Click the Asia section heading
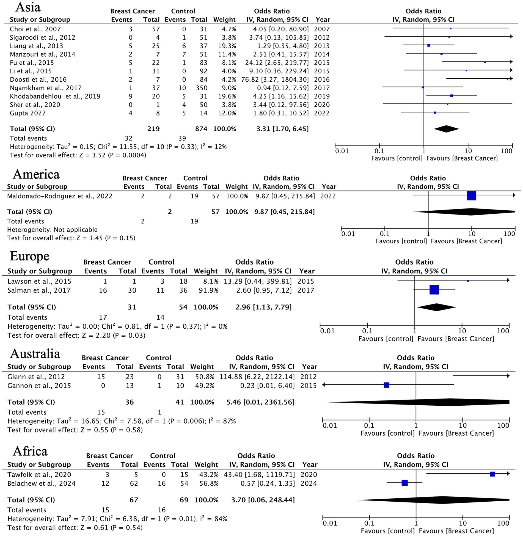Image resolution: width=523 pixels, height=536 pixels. click(x=28, y=7)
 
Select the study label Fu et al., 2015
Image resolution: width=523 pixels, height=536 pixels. click(x=32, y=63)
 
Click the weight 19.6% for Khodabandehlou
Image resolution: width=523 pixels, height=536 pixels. click(x=227, y=96)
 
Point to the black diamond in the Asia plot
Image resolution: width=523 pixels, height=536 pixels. click(x=446, y=129)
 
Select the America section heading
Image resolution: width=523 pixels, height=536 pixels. click(x=36, y=174)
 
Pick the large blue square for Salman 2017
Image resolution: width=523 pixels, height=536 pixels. click(x=434, y=290)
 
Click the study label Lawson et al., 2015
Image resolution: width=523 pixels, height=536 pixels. click(x=39, y=281)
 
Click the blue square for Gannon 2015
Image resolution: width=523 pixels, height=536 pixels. click(x=386, y=385)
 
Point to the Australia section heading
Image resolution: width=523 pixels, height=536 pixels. click(x=35, y=354)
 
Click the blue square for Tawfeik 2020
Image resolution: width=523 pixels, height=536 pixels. click(x=492, y=474)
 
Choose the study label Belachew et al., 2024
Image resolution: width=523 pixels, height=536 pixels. click(x=41, y=483)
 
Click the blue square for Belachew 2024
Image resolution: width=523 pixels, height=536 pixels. click(x=404, y=483)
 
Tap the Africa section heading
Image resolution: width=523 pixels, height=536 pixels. click(x=30, y=451)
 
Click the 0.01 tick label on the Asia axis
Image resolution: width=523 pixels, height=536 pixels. click(x=342, y=151)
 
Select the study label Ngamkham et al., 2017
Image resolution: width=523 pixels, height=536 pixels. click(x=46, y=88)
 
